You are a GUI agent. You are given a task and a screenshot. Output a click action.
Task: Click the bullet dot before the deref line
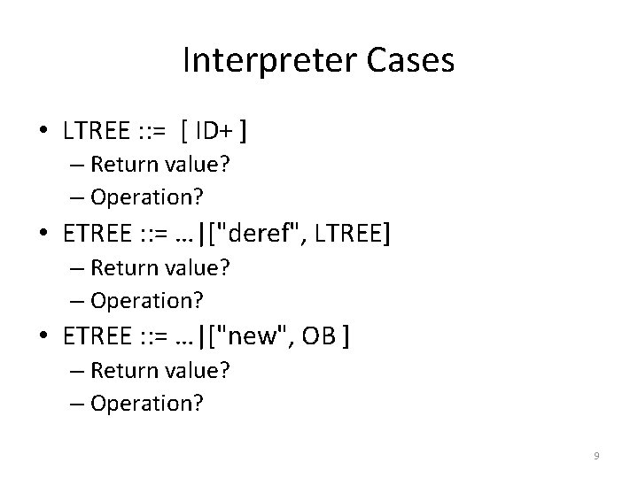44,236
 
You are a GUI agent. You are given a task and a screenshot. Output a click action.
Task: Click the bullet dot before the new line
44,339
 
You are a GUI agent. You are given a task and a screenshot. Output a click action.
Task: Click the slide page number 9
596,456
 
